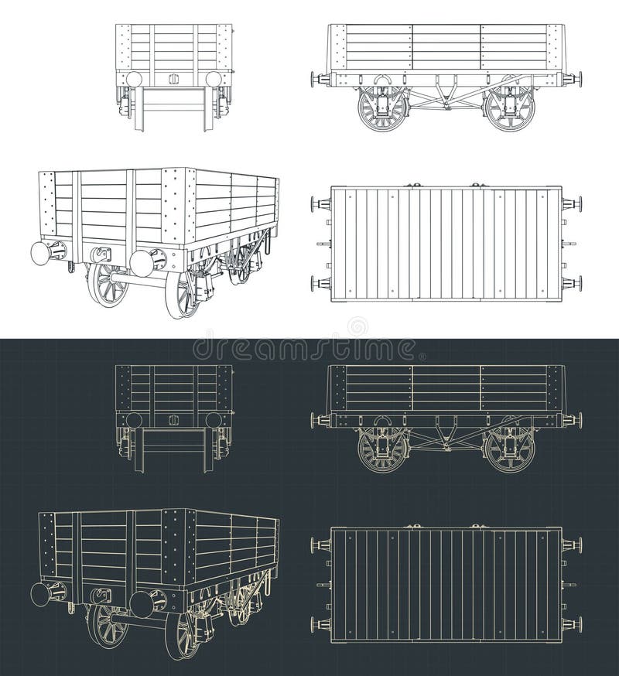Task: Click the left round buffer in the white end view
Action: coord(134,79)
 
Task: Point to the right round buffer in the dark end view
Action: coord(214,420)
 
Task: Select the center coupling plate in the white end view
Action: coord(173,79)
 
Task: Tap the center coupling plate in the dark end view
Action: coord(173,420)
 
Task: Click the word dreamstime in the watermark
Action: coord(309,348)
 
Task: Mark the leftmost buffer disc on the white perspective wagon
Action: coord(41,253)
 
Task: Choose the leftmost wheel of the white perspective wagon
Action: coord(107,285)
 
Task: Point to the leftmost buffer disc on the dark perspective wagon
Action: coord(41,594)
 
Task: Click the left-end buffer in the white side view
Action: coord(315,79)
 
